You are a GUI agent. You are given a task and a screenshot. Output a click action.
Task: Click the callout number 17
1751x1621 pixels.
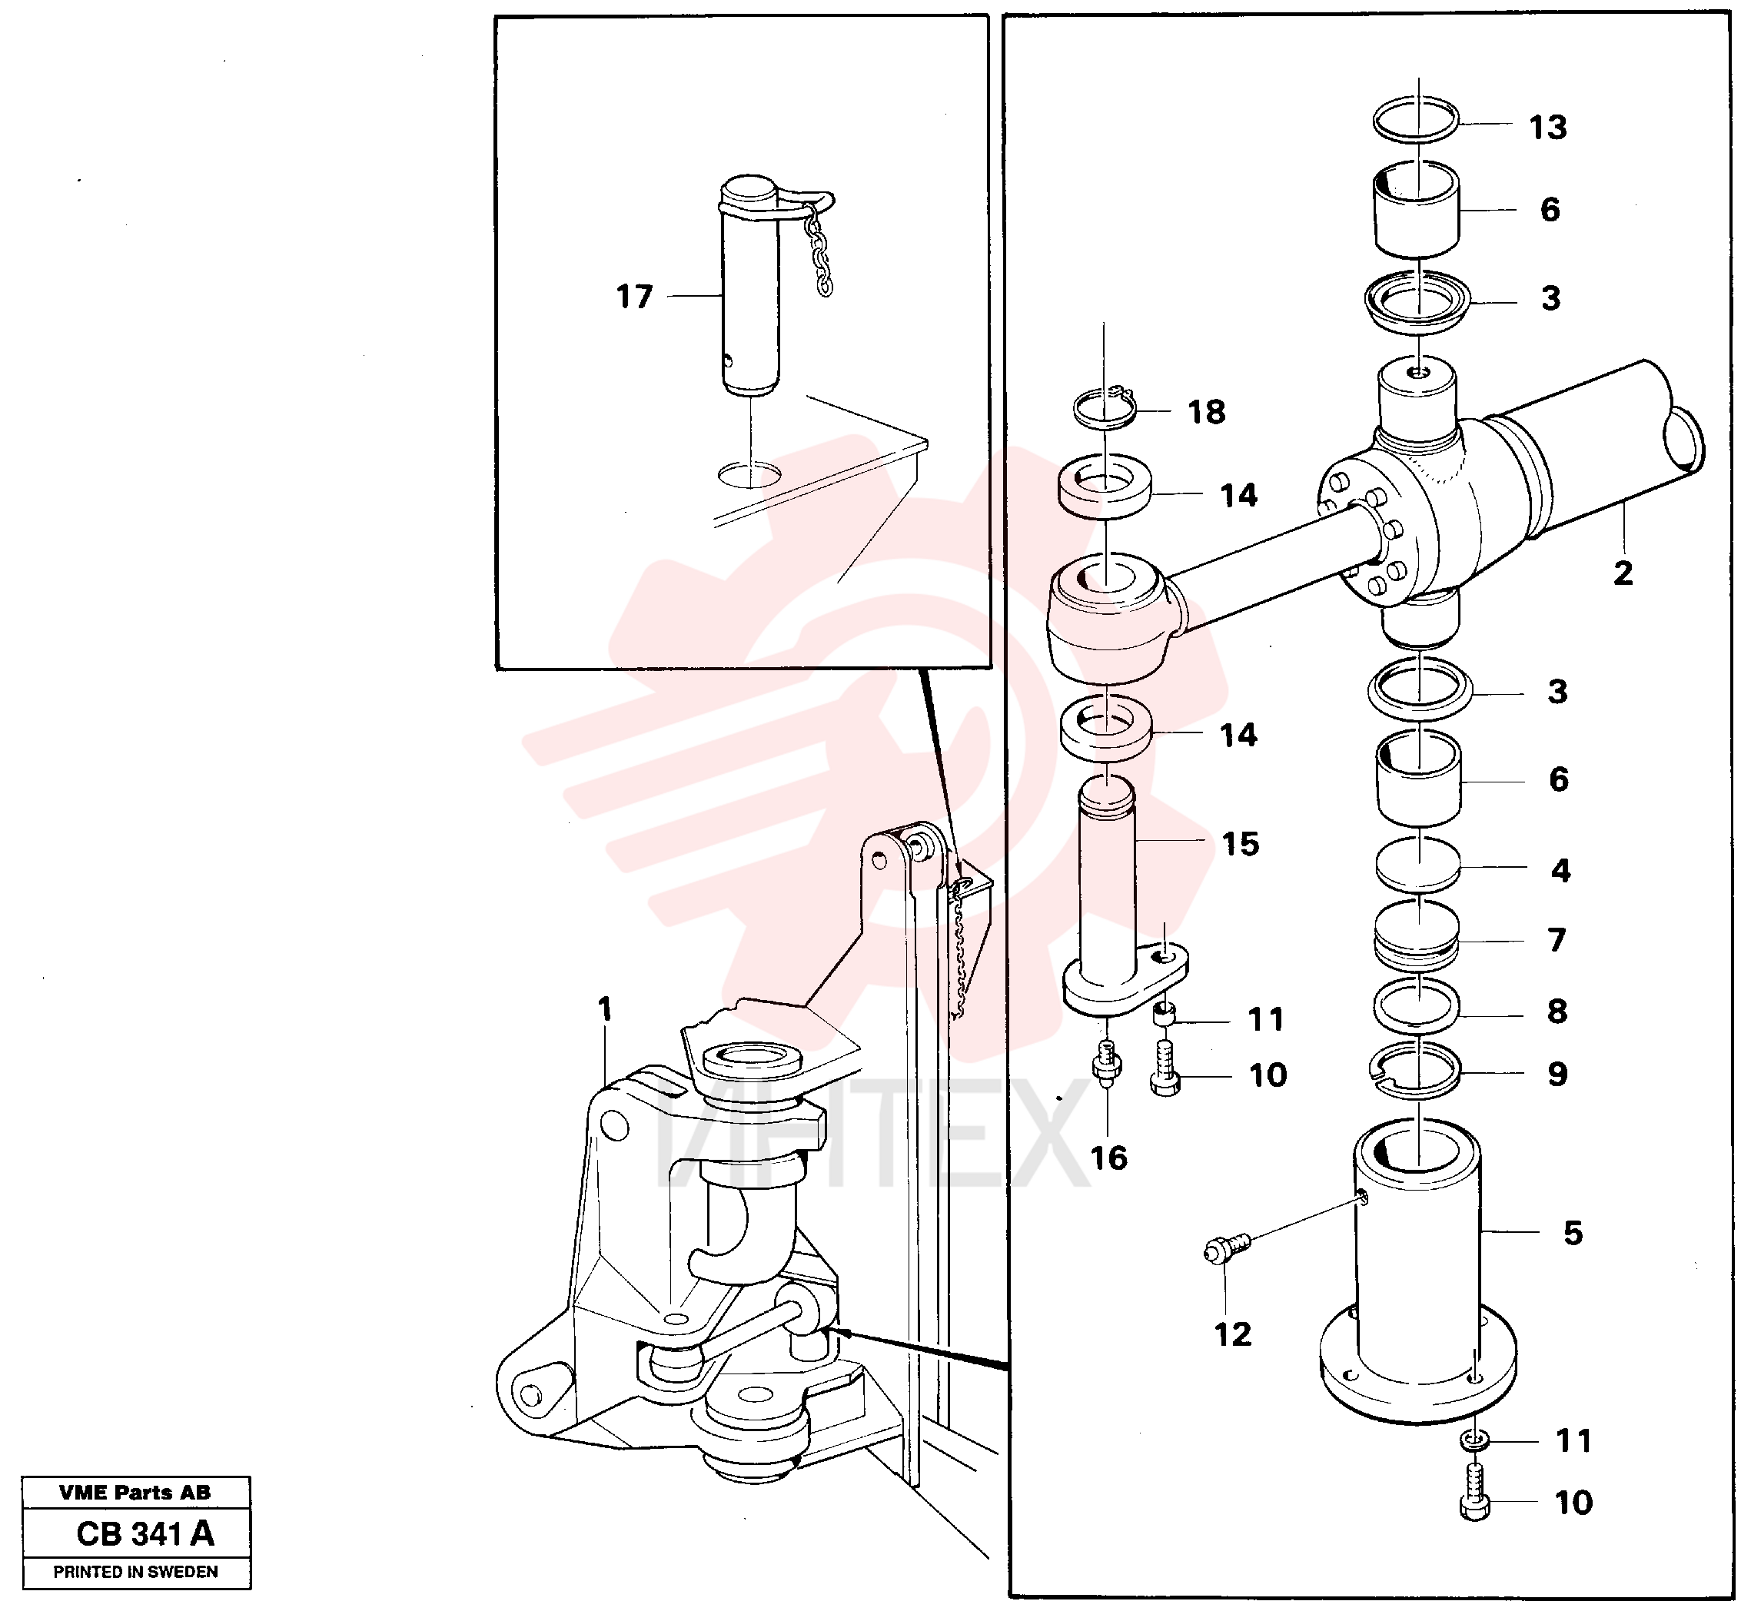[634, 297]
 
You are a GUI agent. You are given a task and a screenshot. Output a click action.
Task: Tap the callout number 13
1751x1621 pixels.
[1547, 127]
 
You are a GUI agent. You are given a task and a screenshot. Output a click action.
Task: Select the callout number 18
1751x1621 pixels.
[1206, 411]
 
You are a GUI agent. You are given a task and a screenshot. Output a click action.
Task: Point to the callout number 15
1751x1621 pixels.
[1241, 844]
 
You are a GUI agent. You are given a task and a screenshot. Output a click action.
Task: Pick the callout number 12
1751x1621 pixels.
[1233, 1334]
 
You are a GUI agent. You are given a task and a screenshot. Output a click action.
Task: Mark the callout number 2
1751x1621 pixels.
[1623, 573]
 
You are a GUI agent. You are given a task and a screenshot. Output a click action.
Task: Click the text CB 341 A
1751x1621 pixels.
[145, 1533]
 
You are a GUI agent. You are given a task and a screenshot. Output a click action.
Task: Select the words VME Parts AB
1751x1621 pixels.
[135, 1492]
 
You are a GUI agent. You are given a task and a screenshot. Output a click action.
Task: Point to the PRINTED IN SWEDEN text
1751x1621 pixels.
[136, 1572]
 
